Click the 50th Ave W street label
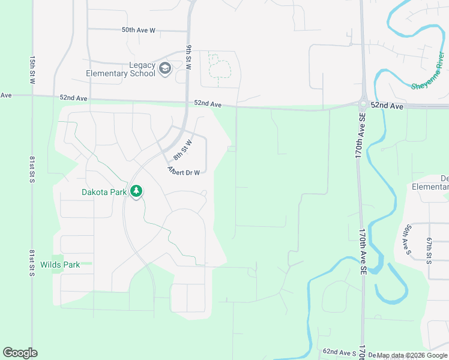tap(138, 29)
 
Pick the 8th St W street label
tap(182, 149)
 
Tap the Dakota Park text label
tap(104, 193)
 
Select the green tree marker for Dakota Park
tap(137, 191)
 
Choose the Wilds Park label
tap(60, 265)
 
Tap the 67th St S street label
tap(429, 250)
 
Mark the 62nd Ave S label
tap(339, 352)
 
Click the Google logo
tap(20, 353)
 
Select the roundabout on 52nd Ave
tap(364, 103)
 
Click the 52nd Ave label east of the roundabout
tap(387, 105)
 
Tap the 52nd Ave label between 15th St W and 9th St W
tap(74, 98)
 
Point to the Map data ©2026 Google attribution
tap(408, 355)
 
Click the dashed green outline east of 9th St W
tap(219, 66)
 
